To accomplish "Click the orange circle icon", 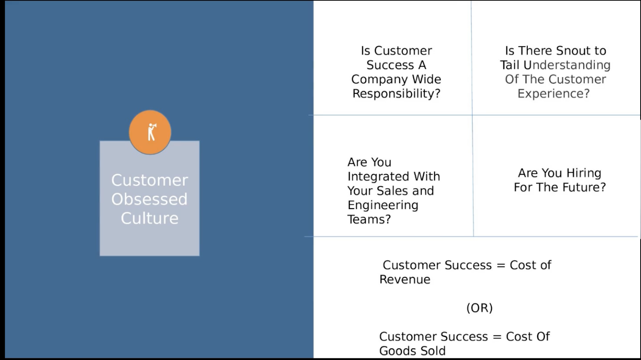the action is coord(150,132).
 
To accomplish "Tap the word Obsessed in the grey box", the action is coord(149,199).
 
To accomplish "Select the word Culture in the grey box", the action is coord(150,218).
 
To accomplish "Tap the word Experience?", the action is coord(553,93).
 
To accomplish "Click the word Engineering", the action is coord(383,205).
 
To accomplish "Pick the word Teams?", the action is coord(369,219).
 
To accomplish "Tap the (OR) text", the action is coord(480,308).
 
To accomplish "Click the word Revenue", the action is coord(405,280).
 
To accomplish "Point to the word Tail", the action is coord(510,65).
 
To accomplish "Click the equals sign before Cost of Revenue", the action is coord(501,265).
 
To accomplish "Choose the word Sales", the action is coord(394,191).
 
